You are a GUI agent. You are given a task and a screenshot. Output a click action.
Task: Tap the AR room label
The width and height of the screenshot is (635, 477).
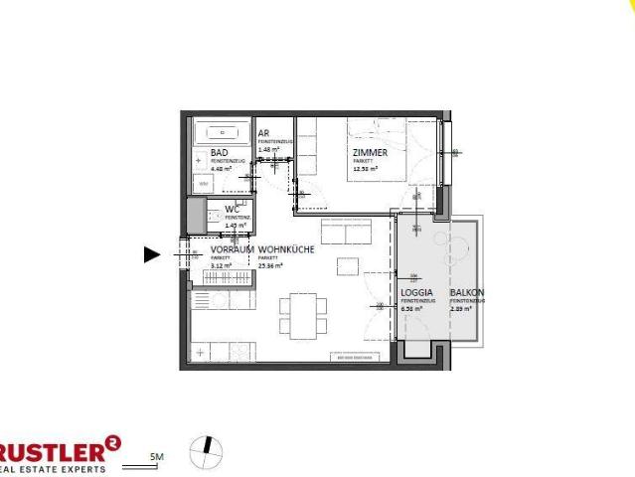(263, 133)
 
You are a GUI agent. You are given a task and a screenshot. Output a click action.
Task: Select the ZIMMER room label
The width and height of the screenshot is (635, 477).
(370, 153)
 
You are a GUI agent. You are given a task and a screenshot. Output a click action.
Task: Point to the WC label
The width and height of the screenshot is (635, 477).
(233, 210)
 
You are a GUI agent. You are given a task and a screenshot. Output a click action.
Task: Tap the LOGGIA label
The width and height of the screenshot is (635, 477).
(415, 293)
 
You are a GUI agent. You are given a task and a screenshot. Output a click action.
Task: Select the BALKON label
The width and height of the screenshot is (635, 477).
(466, 293)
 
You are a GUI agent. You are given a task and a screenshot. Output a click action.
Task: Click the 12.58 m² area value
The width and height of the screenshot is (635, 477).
(365, 169)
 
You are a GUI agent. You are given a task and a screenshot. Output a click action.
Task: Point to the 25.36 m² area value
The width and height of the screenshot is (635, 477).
(270, 265)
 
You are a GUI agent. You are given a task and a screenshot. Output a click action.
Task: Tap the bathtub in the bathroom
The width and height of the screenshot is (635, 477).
(223, 130)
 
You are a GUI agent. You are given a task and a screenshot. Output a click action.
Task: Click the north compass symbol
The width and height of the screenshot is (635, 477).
(206, 451)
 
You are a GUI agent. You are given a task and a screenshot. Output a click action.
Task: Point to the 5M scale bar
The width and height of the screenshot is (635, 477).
(155, 458)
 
